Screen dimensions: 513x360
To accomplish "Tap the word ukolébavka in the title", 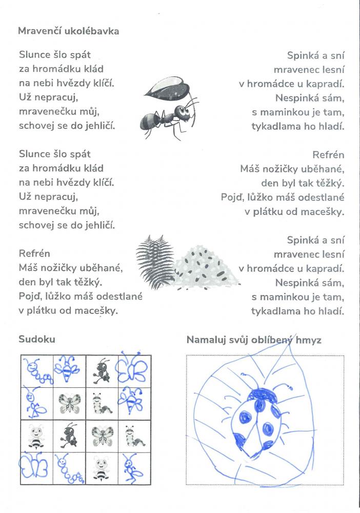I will click(91, 31).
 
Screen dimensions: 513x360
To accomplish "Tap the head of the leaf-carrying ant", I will click(183, 111).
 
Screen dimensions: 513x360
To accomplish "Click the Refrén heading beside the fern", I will click(34, 253).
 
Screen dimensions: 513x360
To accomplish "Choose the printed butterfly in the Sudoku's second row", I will click(69, 403).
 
